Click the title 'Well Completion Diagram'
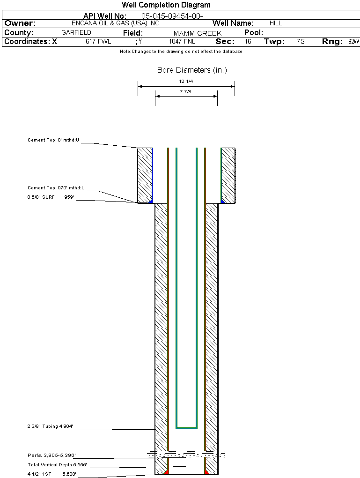(166, 5)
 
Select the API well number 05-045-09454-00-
(172, 16)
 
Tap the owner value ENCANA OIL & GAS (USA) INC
(115, 23)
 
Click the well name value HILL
(276, 23)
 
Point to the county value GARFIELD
(76, 33)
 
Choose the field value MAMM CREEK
(198, 33)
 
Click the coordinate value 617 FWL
(98, 41)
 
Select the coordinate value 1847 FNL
(182, 41)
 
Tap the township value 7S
(301, 41)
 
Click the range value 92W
(354, 41)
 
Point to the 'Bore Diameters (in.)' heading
(192, 70)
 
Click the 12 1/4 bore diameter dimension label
(186, 82)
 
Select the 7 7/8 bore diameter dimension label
(185, 91)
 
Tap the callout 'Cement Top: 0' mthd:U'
(53, 140)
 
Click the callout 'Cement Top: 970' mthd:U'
(56, 188)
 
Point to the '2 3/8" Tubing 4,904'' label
(50, 426)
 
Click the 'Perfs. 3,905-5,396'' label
(51, 455)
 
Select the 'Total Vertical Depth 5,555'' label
(57, 464)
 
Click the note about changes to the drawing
(181, 52)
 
